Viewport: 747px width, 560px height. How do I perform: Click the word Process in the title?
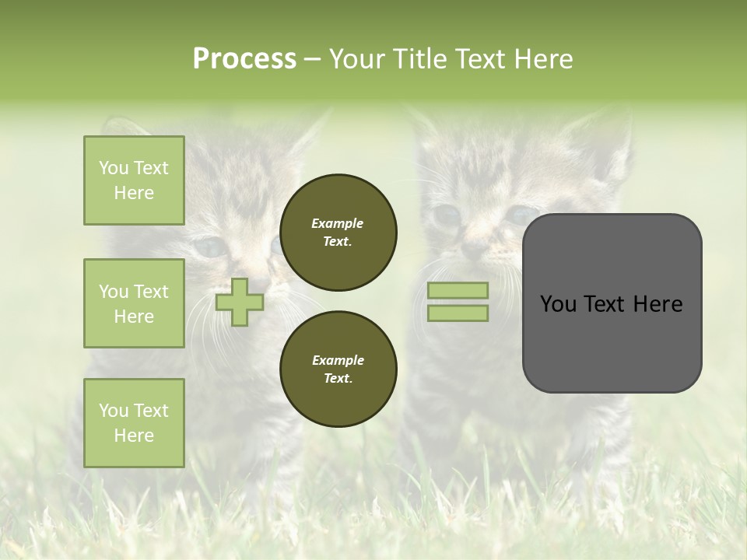[244, 59]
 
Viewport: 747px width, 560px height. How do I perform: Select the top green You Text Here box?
[134, 180]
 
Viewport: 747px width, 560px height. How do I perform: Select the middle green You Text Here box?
[134, 303]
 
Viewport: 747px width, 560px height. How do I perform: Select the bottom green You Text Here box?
[134, 422]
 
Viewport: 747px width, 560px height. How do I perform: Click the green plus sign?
[240, 302]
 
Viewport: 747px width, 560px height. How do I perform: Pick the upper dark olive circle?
[338, 233]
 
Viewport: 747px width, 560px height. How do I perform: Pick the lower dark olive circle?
[338, 369]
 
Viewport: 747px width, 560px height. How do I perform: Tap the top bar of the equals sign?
[458, 290]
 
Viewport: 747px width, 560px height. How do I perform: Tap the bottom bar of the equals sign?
[458, 313]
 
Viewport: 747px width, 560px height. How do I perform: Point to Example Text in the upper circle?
[338, 233]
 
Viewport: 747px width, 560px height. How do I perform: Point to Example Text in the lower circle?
[338, 369]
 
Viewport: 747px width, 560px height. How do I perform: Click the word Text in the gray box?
[608, 304]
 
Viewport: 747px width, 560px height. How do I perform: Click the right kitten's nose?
[472, 250]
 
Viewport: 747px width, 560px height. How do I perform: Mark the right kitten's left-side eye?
[447, 214]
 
